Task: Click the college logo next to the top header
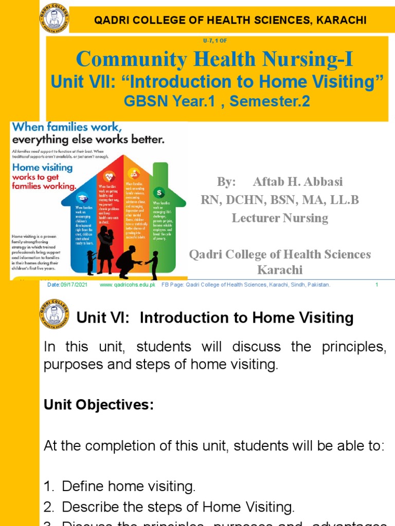pyautogui.click(x=53, y=19)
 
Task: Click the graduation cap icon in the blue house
pyautogui.click(x=83, y=198)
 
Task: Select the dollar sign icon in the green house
pyautogui.click(x=159, y=192)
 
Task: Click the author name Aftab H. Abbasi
pyautogui.click(x=297, y=182)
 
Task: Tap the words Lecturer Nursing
pyautogui.click(x=280, y=218)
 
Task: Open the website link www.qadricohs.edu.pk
pyautogui.click(x=127, y=285)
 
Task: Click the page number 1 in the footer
pyautogui.click(x=377, y=285)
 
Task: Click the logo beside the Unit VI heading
pyautogui.click(x=53, y=314)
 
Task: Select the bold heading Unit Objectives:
pyautogui.click(x=99, y=405)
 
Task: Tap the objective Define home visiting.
pyautogui.click(x=129, y=485)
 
